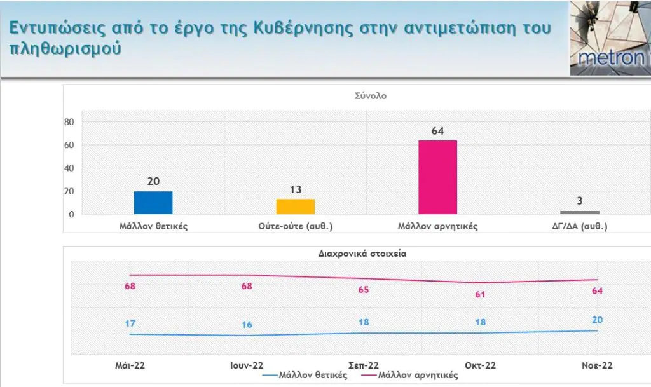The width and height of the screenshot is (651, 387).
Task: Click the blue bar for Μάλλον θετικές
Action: coord(153,203)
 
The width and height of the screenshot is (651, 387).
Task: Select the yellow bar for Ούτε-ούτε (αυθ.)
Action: coord(296,207)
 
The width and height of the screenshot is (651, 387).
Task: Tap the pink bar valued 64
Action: coord(437,177)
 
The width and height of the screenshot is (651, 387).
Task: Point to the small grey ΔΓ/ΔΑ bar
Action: coord(579,212)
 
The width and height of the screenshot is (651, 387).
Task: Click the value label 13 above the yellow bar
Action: coord(296,190)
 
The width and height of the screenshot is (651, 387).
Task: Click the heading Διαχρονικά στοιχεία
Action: coord(362,252)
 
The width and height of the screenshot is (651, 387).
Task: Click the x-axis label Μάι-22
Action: coord(130,365)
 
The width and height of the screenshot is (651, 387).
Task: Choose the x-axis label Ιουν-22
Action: coord(246,365)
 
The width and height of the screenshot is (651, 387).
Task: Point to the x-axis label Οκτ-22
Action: coord(480,365)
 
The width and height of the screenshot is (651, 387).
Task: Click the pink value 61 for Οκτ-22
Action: coord(481,294)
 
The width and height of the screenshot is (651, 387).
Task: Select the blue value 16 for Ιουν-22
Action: coord(247,325)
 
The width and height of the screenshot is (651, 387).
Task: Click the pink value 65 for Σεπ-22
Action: coord(364,289)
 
